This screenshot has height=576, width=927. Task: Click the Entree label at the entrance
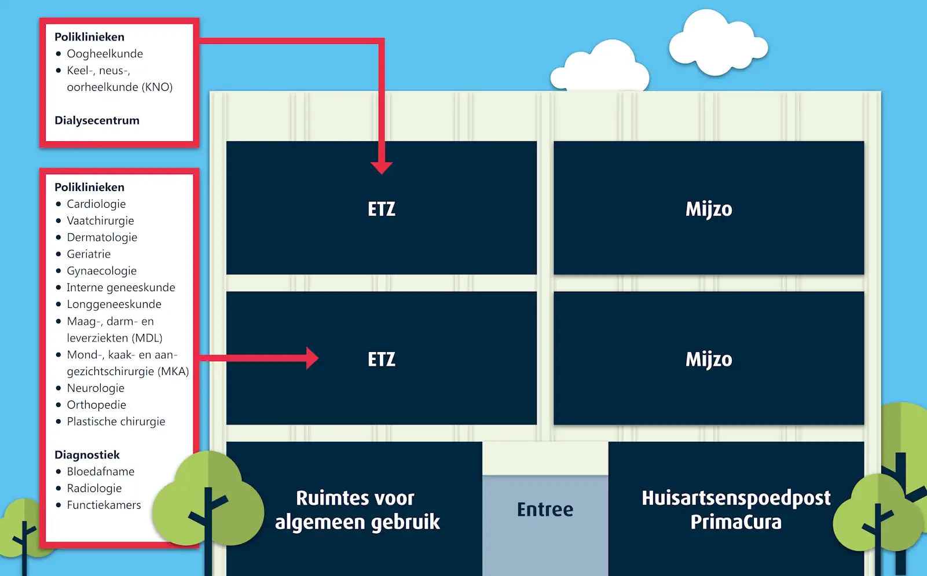(x=545, y=509)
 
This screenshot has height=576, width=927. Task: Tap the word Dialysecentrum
(x=97, y=120)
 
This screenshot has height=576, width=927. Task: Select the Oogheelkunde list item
(x=104, y=54)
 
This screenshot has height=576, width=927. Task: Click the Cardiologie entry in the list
(x=96, y=204)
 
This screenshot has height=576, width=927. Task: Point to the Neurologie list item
(x=96, y=388)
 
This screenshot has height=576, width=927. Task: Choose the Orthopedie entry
(x=96, y=405)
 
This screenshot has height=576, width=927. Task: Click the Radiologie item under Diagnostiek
(x=94, y=488)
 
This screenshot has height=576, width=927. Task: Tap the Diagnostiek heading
(x=87, y=455)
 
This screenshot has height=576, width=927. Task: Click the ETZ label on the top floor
(x=382, y=209)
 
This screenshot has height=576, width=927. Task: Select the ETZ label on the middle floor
(x=382, y=359)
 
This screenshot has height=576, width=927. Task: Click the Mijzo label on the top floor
(x=709, y=209)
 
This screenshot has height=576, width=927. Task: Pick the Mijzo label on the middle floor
(x=709, y=359)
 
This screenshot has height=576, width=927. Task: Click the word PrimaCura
(x=736, y=522)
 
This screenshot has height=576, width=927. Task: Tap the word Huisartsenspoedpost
(x=736, y=498)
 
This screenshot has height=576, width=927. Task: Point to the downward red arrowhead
(x=382, y=167)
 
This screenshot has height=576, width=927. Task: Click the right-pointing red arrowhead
(x=312, y=358)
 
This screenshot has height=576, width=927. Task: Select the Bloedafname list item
(x=100, y=471)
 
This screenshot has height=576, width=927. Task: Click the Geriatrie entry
(x=89, y=254)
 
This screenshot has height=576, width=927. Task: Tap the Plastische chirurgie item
(x=116, y=421)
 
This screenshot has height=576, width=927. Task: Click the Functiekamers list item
(x=104, y=505)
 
